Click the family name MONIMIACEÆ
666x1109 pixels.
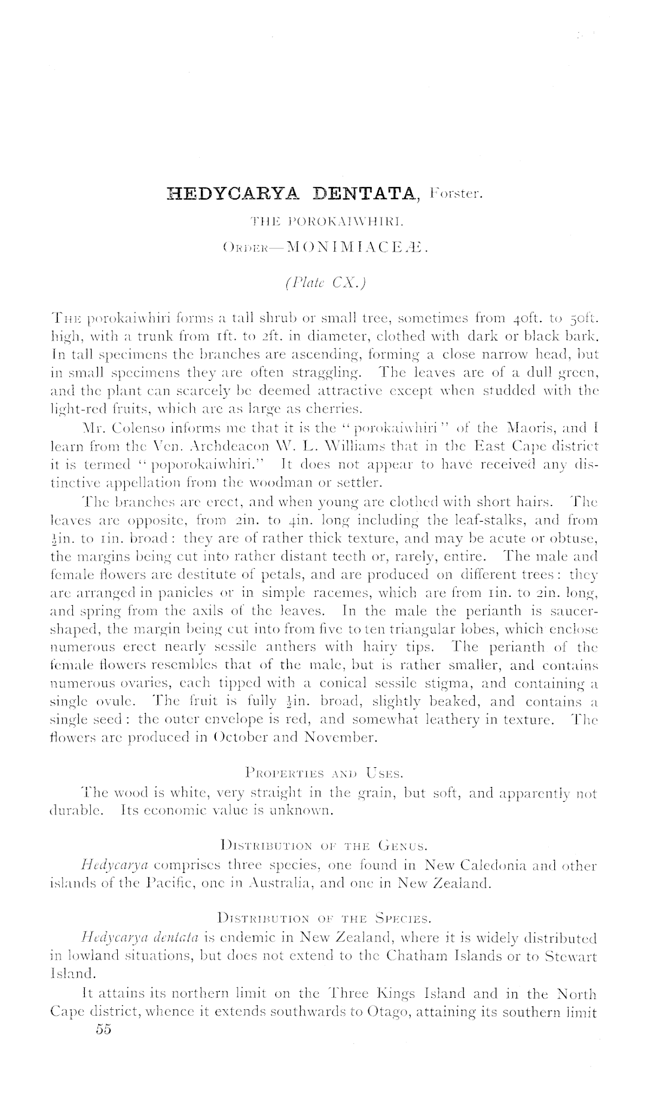click(x=355, y=245)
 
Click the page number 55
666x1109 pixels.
click(x=103, y=1031)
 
